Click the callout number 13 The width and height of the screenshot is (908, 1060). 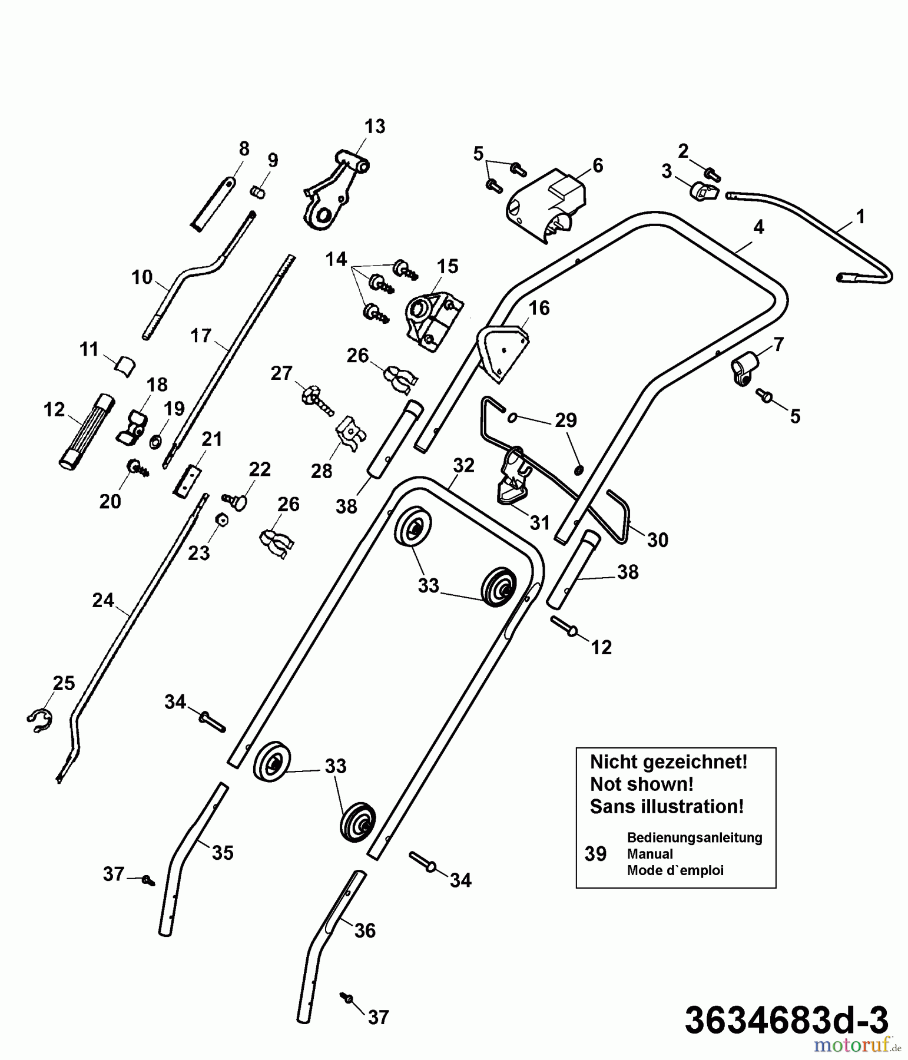[x=375, y=127]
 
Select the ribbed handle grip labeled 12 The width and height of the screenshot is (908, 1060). [x=86, y=431]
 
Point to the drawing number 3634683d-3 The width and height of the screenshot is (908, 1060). [x=787, y=1020]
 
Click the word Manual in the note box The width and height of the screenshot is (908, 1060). [x=650, y=854]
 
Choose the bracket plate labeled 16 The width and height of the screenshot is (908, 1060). [x=503, y=352]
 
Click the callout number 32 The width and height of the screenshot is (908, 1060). [x=464, y=466]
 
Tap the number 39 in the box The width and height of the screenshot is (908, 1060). [x=595, y=853]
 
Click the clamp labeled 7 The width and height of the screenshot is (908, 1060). [x=743, y=370]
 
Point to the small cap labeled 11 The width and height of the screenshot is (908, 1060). [x=124, y=366]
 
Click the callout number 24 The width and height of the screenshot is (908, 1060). [x=103, y=600]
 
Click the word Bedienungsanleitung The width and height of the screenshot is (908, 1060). [x=694, y=837]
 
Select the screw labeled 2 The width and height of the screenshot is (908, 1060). [x=713, y=174]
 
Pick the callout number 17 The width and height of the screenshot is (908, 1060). [x=201, y=336]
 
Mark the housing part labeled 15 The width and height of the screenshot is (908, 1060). [x=433, y=321]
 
